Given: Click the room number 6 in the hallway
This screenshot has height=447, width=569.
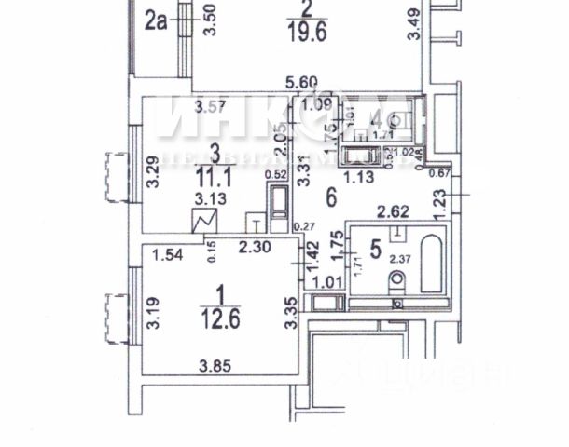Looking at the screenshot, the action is click(329, 196).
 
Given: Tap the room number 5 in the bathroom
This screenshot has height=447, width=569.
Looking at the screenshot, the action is click(375, 249).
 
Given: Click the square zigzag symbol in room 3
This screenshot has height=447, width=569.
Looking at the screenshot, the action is click(203, 222).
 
